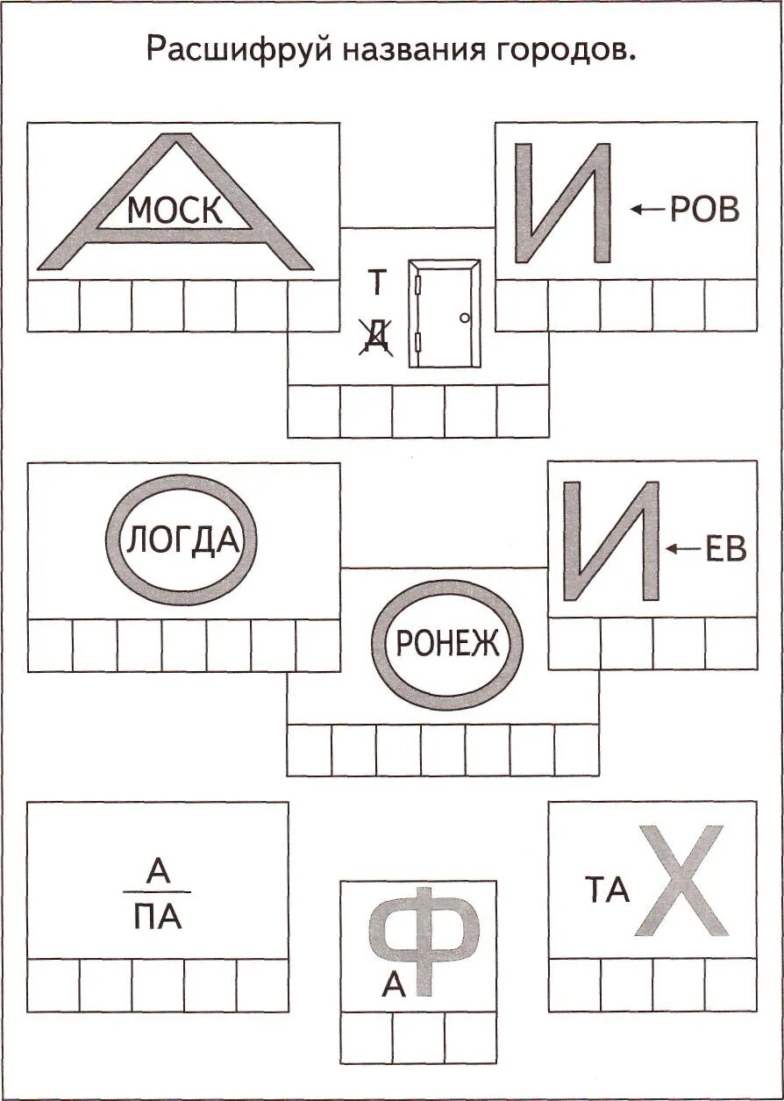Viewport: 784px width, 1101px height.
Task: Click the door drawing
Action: coord(445,313)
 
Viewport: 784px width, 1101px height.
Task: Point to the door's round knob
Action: coord(465,318)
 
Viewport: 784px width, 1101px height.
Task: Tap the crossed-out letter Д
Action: coord(375,336)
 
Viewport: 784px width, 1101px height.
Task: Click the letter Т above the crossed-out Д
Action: coord(376,282)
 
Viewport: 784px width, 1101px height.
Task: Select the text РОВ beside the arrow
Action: coord(704,210)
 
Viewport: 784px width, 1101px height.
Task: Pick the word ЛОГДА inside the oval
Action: coord(182,540)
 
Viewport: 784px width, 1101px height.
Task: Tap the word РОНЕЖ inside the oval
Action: coord(447,645)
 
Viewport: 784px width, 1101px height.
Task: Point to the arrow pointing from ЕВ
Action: coord(682,549)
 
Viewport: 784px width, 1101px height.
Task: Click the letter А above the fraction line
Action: coord(157,871)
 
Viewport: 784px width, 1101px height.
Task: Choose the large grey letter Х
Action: coord(681,880)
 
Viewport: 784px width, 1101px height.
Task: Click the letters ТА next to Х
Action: coord(608,891)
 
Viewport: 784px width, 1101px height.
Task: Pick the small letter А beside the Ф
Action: coord(394,986)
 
